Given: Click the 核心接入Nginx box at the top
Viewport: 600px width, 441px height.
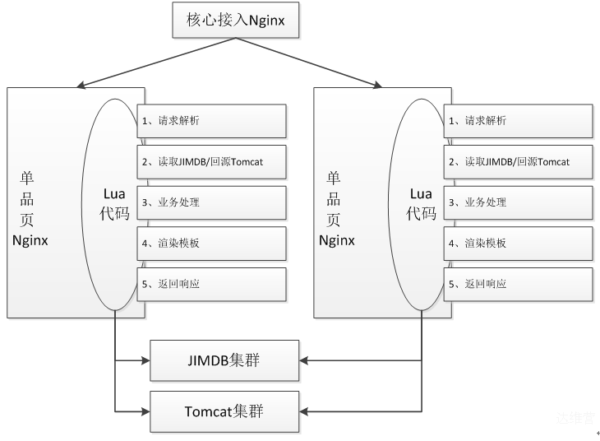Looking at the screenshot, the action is (235, 20).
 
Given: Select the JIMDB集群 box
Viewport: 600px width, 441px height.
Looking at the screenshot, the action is (224, 360).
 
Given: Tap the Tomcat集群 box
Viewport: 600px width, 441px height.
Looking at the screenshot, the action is (224, 411).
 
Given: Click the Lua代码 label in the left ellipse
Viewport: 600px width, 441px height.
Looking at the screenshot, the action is (114, 203).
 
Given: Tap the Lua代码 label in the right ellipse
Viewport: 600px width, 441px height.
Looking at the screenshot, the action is (421, 203).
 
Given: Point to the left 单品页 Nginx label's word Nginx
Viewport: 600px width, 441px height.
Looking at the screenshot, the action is (30, 240).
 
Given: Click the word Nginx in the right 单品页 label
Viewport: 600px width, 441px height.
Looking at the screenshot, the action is (337, 240).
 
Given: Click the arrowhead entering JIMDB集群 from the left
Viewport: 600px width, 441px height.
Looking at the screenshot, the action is (145, 360).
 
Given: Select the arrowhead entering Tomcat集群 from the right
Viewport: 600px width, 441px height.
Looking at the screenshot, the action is (303, 412).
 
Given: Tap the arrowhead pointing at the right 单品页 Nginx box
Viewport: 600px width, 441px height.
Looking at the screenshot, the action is (378, 85).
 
